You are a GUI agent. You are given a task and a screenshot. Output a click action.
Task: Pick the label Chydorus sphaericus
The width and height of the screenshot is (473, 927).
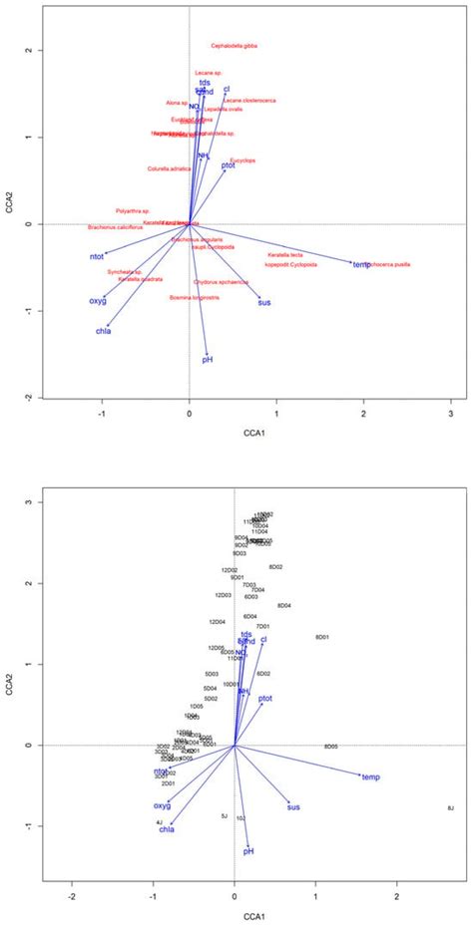(x=221, y=282)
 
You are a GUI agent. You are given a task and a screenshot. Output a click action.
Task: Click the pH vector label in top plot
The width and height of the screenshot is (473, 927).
(x=208, y=359)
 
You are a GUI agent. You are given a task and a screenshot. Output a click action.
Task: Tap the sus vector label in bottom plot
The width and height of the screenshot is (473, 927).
(x=293, y=807)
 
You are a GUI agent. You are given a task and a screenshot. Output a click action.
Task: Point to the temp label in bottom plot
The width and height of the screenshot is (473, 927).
(x=371, y=776)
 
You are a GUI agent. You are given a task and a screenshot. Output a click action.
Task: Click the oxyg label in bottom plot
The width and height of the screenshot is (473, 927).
(x=162, y=805)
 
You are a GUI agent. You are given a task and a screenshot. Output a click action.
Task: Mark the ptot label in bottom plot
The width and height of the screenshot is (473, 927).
(x=265, y=699)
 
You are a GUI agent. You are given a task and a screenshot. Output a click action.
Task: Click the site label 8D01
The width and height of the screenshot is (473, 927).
(x=322, y=637)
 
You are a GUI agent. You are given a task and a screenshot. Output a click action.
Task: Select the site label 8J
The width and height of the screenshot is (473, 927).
(x=450, y=807)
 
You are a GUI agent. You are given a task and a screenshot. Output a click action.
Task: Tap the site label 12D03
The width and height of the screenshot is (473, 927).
(x=224, y=595)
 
